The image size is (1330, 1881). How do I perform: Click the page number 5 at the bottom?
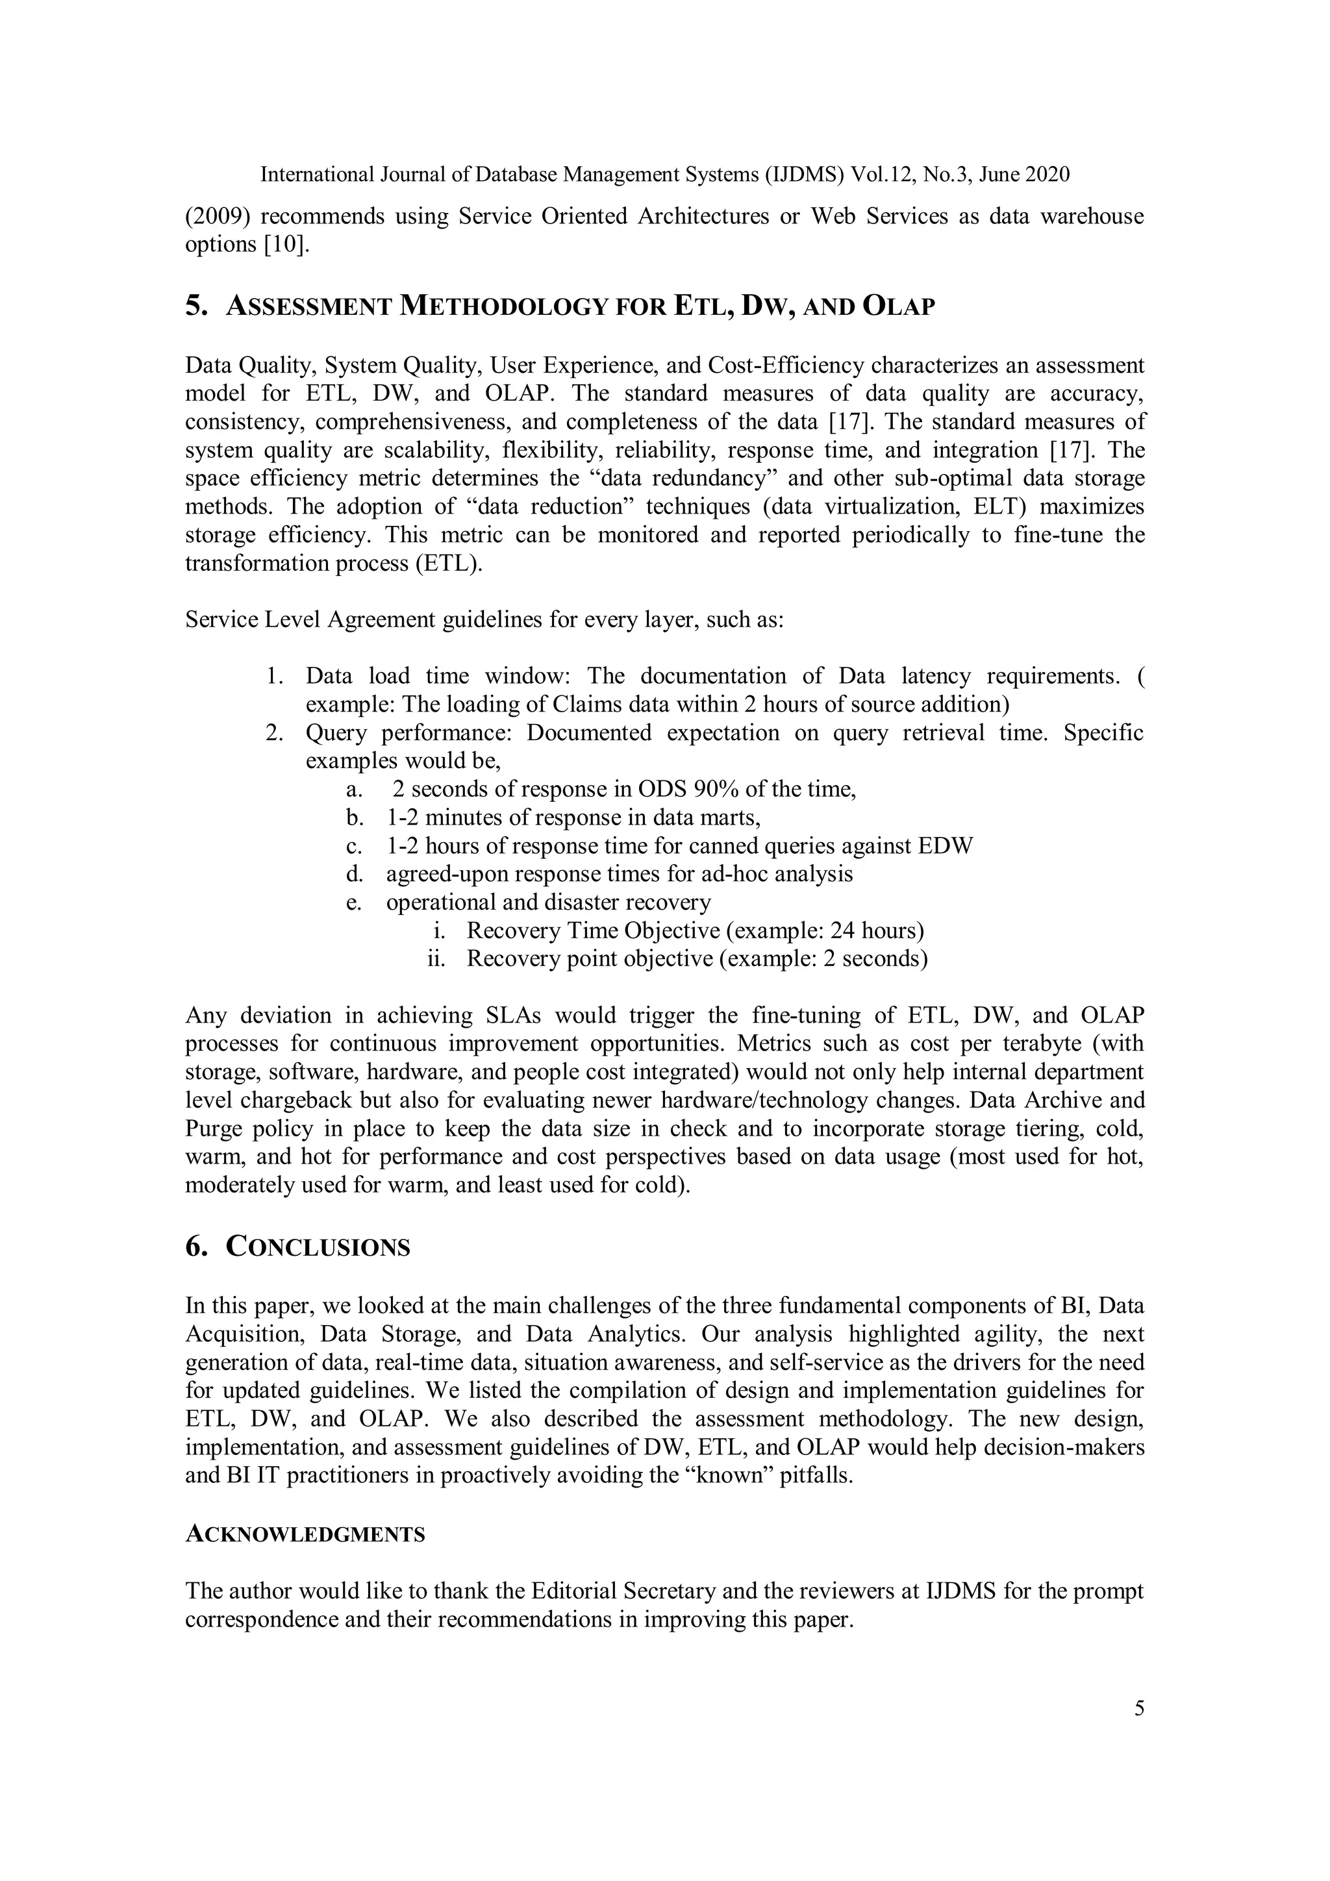pos(1138,1709)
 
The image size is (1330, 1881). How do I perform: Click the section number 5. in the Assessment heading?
pos(197,306)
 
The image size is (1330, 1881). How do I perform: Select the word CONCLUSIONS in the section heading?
pos(318,1247)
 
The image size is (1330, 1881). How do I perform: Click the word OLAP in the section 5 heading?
pos(899,306)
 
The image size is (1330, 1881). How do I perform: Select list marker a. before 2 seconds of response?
pos(354,790)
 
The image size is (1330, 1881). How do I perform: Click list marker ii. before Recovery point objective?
pos(436,958)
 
